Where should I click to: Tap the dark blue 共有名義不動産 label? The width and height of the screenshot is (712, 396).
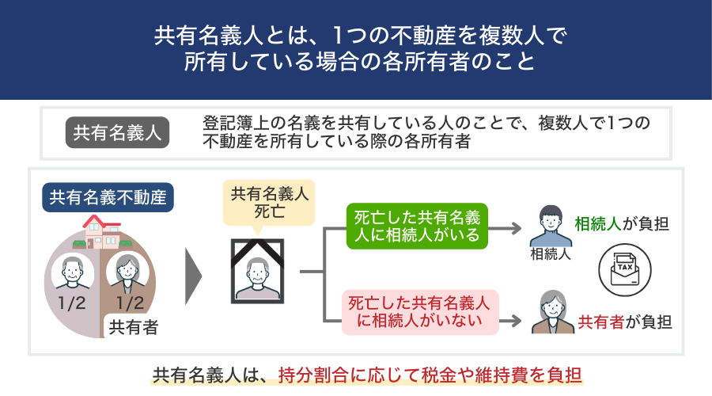point(108,198)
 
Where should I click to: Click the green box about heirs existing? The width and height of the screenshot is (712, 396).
point(417,226)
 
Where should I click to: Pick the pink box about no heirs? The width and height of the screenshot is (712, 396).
point(418,311)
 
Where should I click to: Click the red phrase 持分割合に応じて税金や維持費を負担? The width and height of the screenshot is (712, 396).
point(435,374)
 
